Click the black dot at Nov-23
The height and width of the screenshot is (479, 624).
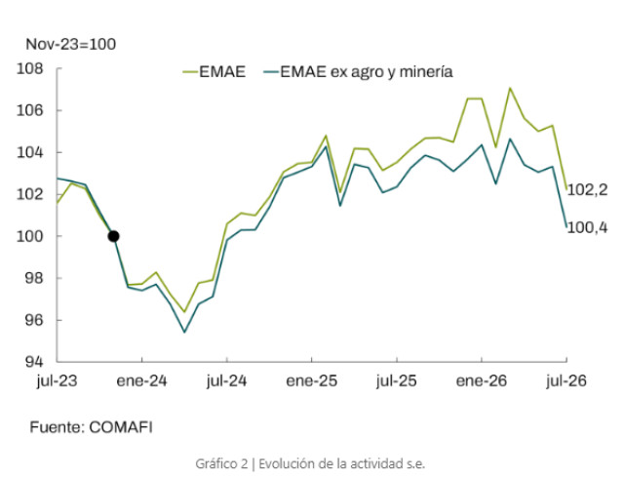pos(113,236)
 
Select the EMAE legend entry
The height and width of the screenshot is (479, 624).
pos(214,71)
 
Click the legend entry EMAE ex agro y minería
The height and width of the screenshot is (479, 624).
pos(358,72)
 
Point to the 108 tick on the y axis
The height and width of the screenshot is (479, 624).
pos(30,68)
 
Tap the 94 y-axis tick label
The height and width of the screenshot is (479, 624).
pos(34,362)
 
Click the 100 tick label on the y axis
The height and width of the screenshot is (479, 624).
pos(30,236)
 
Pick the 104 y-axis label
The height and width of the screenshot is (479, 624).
pos(30,152)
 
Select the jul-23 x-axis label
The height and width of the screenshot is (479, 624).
pos(57,381)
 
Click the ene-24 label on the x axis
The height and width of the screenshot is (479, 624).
pos(141,381)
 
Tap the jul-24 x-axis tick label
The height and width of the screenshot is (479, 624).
pos(226,381)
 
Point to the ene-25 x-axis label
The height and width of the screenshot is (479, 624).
pos(312,381)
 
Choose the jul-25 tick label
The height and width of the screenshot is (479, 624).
pos(397,381)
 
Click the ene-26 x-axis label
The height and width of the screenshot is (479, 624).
pos(482,381)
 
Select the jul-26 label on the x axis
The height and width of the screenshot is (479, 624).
pos(566,381)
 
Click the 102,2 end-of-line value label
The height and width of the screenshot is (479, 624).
pos(587,190)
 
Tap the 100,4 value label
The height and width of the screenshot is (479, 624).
pos(587,227)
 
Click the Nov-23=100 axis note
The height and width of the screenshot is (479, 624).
pos(71,44)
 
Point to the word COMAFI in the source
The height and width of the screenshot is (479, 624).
pos(121,427)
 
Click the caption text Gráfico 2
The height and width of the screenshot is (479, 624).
pos(221,463)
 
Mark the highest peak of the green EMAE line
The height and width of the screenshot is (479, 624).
pos(510,88)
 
